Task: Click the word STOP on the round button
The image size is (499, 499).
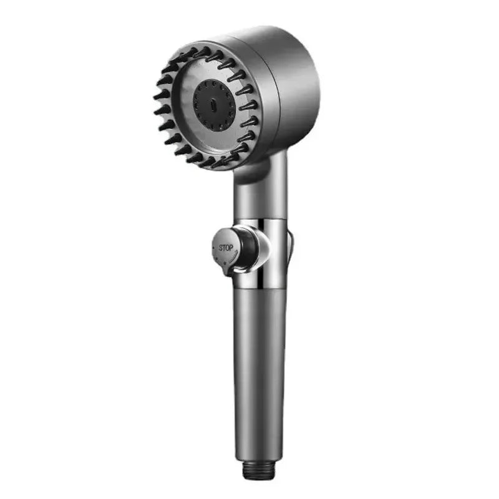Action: pos(225,247)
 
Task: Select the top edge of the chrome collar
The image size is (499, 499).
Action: pos(262,220)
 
